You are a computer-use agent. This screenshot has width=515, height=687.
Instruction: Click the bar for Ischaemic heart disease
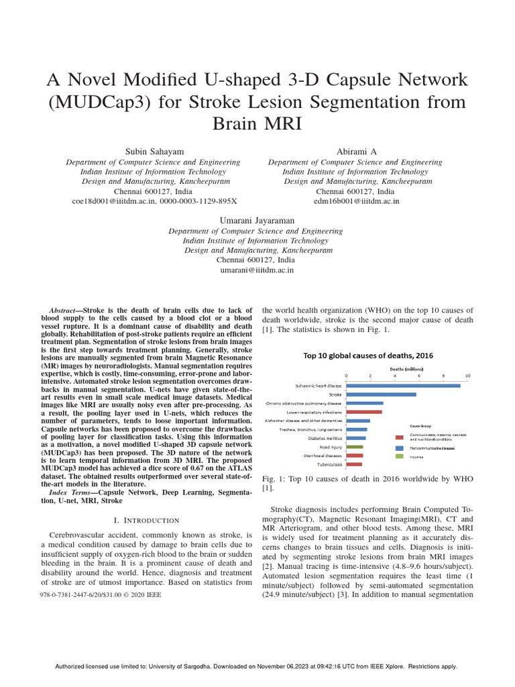[x=403, y=385]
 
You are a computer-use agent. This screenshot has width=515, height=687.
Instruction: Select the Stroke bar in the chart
[x=381, y=394]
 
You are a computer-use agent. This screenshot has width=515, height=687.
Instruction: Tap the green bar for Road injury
[x=355, y=446]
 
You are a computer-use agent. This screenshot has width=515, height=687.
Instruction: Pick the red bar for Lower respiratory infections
[x=364, y=412]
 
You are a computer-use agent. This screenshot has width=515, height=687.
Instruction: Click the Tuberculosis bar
[x=354, y=464]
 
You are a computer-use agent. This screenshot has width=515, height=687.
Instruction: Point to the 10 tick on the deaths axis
[x=467, y=376]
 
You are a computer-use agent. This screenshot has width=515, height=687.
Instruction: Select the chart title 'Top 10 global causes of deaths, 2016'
[x=367, y=356]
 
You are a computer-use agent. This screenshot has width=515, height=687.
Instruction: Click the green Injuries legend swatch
[x=399, y=456]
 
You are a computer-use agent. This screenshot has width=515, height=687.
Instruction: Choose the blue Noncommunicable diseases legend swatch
[x=399, y=447]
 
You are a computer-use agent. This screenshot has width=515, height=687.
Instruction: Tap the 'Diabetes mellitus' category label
[x=325, y=438]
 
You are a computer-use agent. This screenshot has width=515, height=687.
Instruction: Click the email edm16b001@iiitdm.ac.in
[x=356, y=200]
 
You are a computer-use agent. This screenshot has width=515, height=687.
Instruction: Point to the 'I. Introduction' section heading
[x=146, y=520]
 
